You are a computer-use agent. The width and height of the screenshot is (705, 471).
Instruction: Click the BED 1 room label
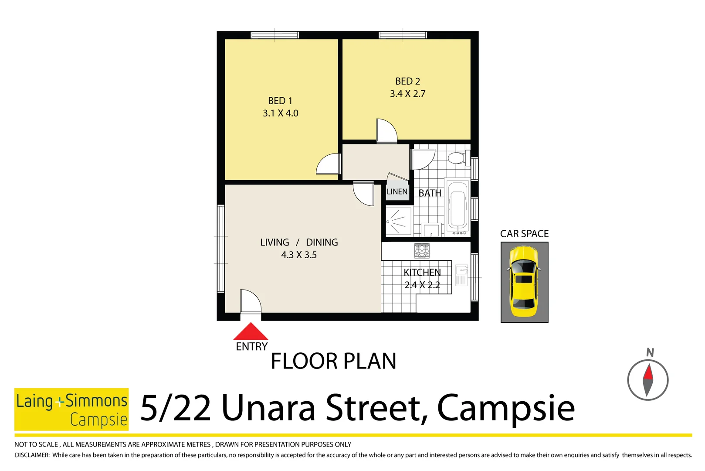click(x=280, y=101)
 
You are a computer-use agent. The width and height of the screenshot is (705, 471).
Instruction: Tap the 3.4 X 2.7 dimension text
click(x=407, y=94)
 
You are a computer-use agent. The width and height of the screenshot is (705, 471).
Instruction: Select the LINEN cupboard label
click(x=397, y=191)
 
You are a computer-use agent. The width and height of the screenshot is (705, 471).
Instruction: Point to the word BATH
click(x=430, y=193)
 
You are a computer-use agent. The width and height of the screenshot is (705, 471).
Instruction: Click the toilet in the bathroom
click(x=458, y=157)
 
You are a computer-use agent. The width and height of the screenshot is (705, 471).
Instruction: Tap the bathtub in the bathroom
click(x=457, y=206)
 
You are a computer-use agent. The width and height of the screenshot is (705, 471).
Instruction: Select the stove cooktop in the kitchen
click(x=422, y=250)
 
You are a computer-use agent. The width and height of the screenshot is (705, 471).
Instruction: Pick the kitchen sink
click(x=461, y=275)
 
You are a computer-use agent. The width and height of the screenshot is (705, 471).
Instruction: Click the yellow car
click(x=524, y=282)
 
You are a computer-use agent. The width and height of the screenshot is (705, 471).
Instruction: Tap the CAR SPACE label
click(x=524, y=234)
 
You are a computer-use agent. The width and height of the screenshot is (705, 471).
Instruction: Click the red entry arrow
click(x=251, y=332)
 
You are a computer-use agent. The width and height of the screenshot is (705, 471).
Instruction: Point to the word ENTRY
click(x=251, y=347)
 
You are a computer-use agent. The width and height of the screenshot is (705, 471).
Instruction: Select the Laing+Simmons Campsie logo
click(x=71, y=409)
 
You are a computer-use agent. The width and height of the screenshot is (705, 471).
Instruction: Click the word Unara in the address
click(x=268, y=408)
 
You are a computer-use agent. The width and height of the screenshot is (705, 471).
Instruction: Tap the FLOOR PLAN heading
click(x=333, y=362)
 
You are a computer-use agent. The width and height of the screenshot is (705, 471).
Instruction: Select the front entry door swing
click(x=250, y=301)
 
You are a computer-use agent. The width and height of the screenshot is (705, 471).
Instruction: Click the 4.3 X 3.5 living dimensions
click(x=299, y=255)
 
